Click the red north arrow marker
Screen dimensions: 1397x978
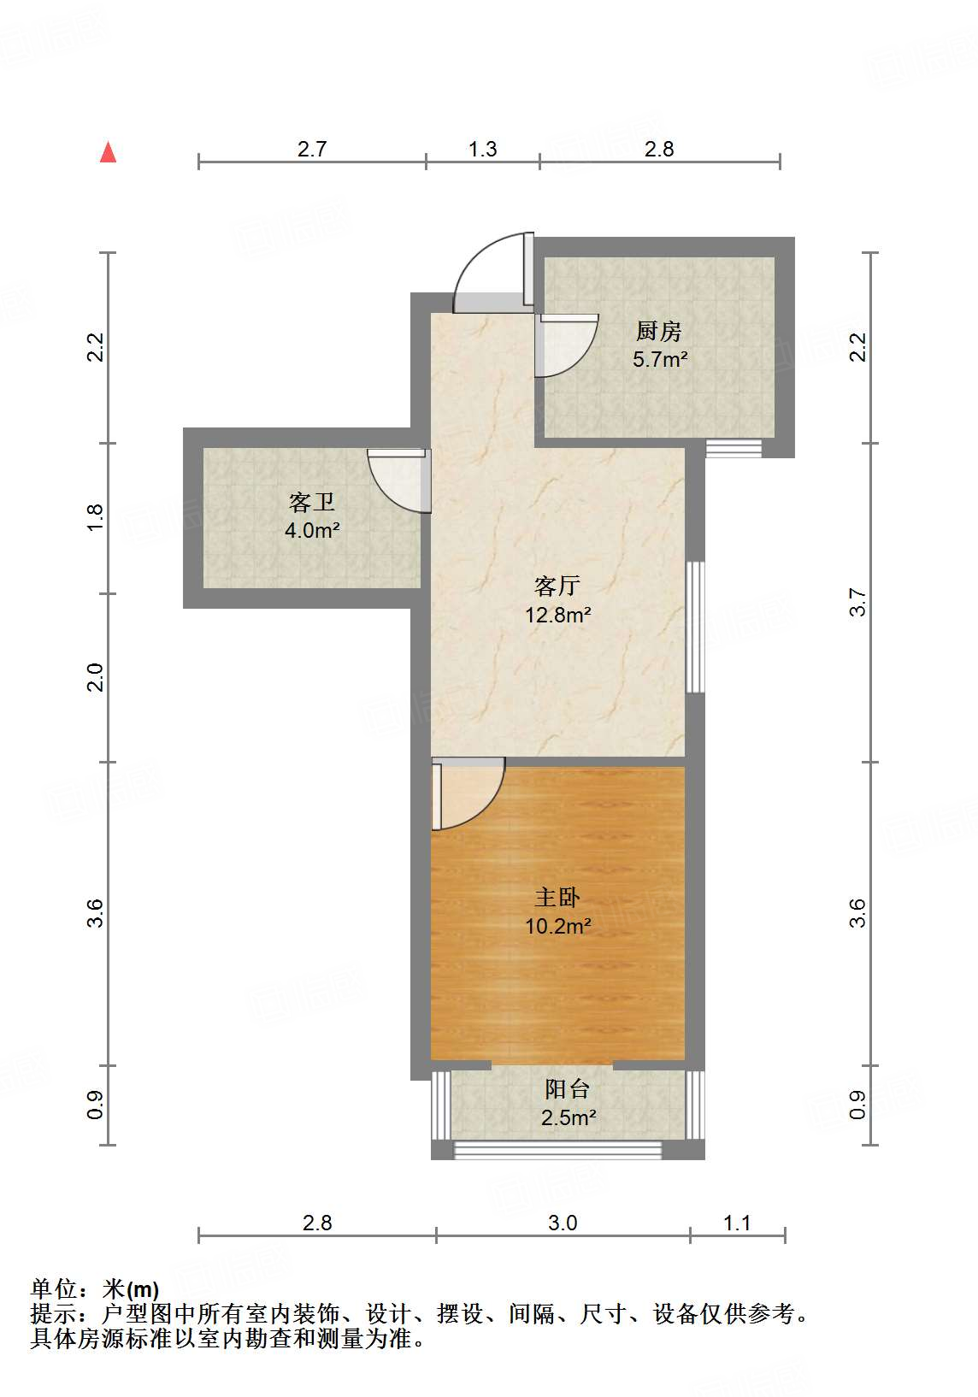coord(108,152)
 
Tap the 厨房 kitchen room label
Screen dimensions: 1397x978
coord(659,331)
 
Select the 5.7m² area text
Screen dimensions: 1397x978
coord(660,359)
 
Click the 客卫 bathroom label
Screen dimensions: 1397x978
coord(312,502)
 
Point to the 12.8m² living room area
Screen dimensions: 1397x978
coord(557,615)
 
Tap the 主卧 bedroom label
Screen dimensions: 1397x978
coord(557,897)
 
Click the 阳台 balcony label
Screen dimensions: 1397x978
coord(568,1088)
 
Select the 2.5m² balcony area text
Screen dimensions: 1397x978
coord(568,1117)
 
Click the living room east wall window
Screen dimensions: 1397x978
coord(696,626)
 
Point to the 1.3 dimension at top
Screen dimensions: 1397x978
coord(482,149)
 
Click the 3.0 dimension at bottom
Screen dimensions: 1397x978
coord(563,1223)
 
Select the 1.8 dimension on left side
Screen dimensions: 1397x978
coord(95,517)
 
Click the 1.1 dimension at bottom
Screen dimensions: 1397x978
coord(737,1223)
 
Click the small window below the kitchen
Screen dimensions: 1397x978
coord(733,449)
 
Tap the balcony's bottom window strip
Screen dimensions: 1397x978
coord(557,1151)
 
